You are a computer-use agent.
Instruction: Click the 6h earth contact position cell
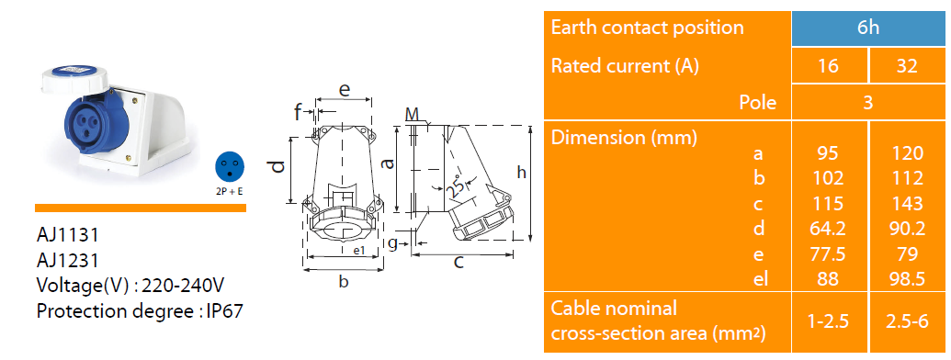tap(868, 28)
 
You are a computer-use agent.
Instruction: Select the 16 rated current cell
tap(829, 65)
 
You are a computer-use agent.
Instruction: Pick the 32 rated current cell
tap(907, 65)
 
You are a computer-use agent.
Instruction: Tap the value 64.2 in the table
tap(829, 229)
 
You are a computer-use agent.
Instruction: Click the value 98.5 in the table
tap(907, 279)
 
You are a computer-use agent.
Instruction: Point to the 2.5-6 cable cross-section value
tap(907, 321)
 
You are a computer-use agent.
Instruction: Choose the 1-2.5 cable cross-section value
tap(829, 321)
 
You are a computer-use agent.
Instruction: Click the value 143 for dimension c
tap(907, 204)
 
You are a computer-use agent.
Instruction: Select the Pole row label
tap(757, 103)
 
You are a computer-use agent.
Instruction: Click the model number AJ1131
tap(67, 234)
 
